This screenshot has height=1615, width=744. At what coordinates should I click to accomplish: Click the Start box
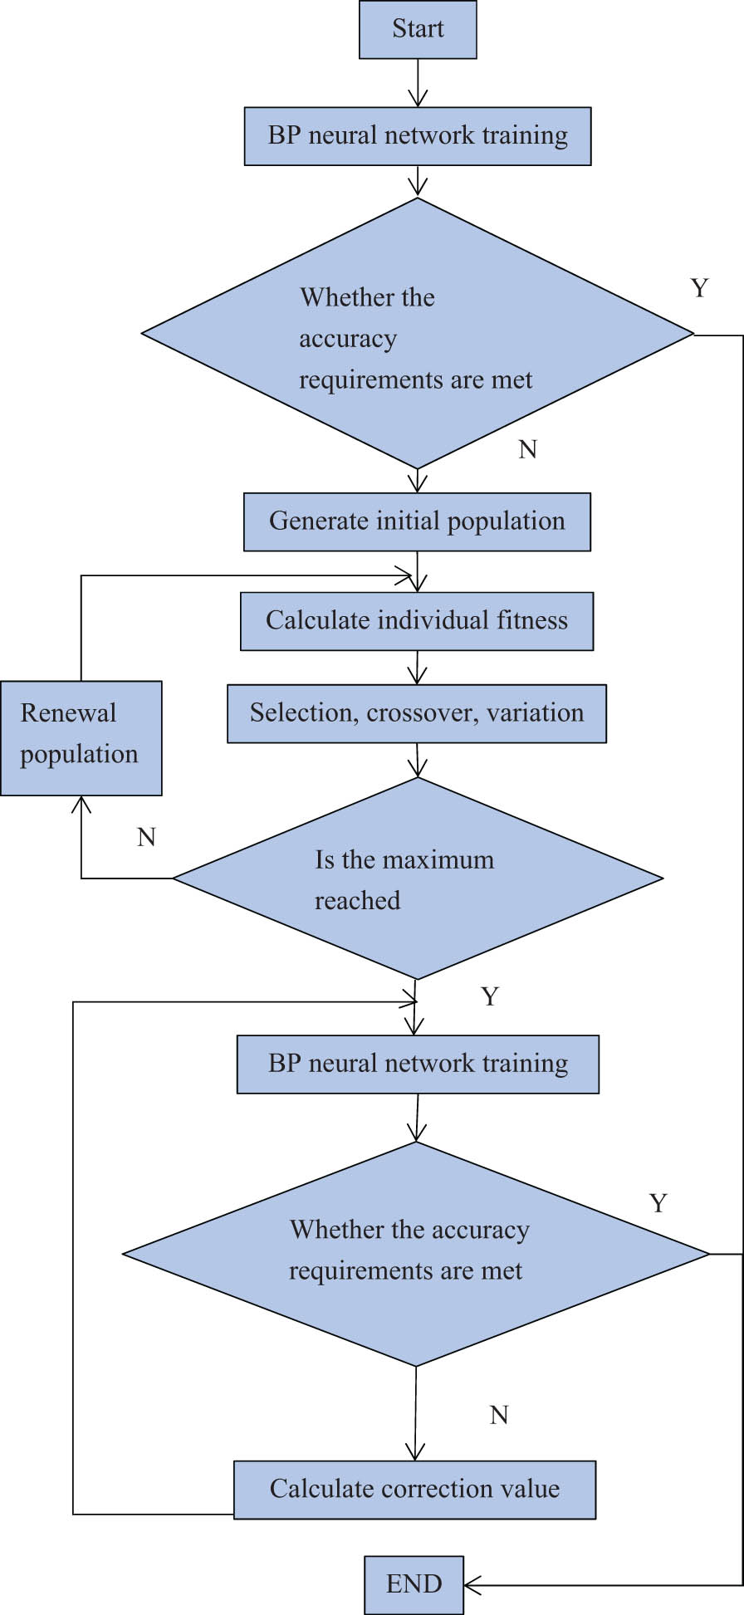[418, 30]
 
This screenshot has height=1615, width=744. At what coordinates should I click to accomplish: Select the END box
[414, 1584]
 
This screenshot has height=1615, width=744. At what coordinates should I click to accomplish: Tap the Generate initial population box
[417, 521]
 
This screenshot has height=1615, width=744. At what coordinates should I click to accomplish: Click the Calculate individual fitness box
[417, 621]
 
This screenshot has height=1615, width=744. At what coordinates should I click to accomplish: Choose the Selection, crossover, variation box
[417, 713]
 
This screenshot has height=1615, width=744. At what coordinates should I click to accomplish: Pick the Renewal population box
[81, 737]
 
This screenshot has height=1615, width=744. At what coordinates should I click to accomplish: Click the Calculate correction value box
[414, 1489]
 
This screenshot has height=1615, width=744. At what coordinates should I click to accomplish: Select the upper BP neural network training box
[418, 136]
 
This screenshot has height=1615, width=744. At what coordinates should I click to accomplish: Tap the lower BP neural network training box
[418, 1064]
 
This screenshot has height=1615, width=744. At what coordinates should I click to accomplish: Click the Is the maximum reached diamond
[418, 878]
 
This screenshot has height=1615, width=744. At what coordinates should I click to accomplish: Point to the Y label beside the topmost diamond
[699, 288]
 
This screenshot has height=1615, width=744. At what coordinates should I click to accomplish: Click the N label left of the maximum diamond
[146, 837]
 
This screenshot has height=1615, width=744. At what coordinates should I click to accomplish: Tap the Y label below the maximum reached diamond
[490, 996]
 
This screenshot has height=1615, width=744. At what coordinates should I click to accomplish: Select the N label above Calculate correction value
[498, 1415]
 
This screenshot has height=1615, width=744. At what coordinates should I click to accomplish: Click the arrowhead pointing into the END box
[472, 1585]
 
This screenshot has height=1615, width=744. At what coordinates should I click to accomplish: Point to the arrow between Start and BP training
[418, 83]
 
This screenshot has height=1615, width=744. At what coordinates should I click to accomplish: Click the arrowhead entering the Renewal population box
[81, 803]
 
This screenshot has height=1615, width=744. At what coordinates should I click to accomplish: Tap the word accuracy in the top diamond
[348, 339]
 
